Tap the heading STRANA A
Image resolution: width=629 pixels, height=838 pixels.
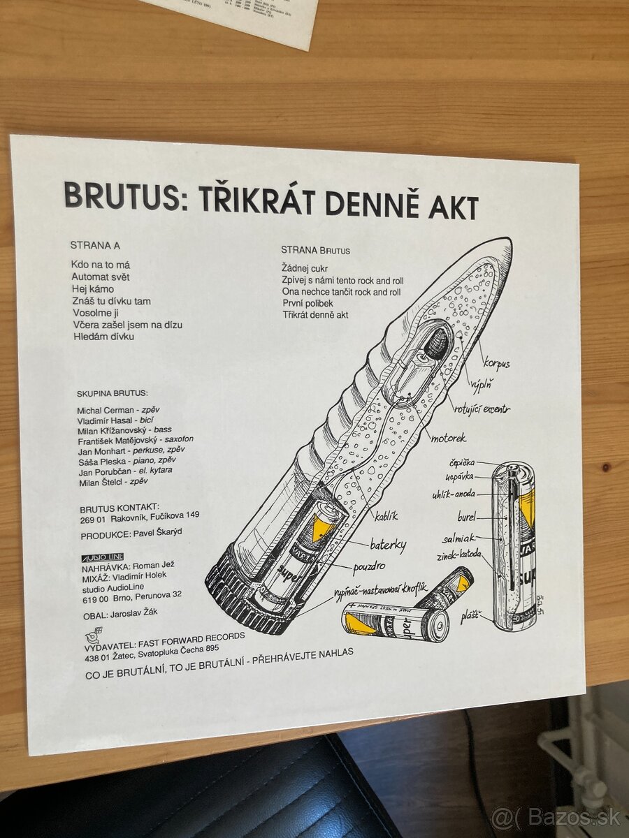(96, 245)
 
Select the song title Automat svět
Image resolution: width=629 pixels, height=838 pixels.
(101, 277)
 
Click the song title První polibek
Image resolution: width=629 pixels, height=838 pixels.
(308, 303)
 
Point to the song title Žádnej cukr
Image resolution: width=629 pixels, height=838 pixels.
(305, 268)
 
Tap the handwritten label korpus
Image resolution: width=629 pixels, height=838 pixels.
(496, 363)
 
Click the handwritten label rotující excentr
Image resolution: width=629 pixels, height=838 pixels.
(482, 408)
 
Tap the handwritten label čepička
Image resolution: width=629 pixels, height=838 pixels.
(463, 462)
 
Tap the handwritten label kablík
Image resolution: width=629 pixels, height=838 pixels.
(385, 516)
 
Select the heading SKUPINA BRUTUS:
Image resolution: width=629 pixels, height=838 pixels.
(113, 394)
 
